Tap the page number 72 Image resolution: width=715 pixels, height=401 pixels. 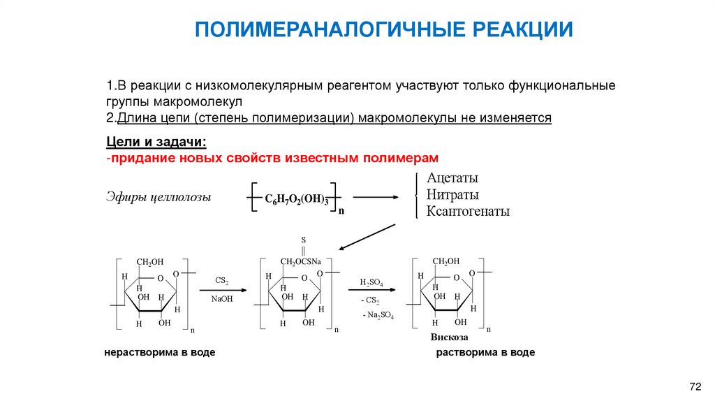pos(694,386)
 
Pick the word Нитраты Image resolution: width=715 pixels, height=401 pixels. pos(452,195)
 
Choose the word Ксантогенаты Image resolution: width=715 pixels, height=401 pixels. pos(468,211)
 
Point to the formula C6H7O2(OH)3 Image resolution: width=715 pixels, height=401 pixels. pos(296,199)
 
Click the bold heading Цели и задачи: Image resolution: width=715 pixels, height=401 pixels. pos(156,142)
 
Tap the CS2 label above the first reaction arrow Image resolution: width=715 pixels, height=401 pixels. pos(222,281)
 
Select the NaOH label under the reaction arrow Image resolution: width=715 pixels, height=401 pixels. pos(222,298)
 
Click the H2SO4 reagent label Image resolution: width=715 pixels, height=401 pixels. pos(371,282)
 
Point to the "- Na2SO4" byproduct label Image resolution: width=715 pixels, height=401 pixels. pos(378,316)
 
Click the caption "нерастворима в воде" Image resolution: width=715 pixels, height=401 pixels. pos(159,353)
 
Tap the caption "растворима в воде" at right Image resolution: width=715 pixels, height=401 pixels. pos(485,353)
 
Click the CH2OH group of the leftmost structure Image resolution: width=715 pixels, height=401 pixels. pos(149,262)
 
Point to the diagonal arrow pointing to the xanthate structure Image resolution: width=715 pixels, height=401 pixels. pos(367,236)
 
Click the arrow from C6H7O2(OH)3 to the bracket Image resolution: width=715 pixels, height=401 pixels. pos(375,197)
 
